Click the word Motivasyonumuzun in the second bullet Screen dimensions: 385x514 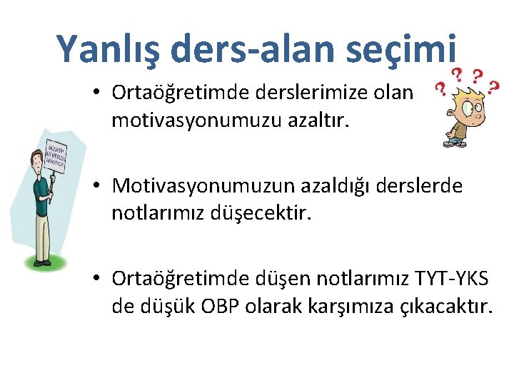[205, 186]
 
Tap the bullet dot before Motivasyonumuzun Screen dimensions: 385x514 [99, 187]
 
